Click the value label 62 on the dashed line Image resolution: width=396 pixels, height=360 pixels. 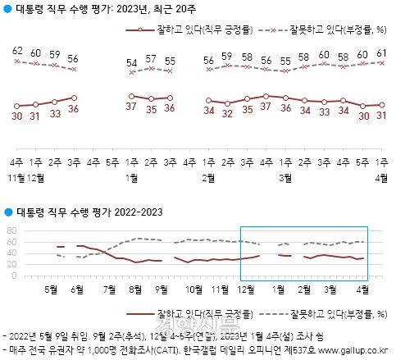(x=17, y=51)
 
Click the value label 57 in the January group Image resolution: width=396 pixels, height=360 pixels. (x=151, y=59)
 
